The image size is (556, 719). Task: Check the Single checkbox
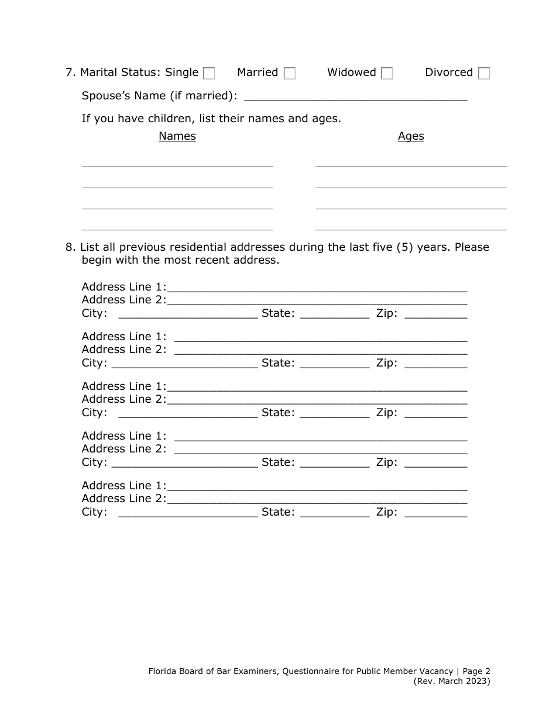[x=209, y=74]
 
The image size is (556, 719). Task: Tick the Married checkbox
[x=289, y=74]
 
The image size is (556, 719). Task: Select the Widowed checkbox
[x=386, y=74]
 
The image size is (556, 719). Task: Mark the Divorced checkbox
[x=483, y=74]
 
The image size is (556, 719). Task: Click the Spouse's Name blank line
[x=355, y=96]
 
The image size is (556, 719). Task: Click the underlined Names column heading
[x=177, y=136]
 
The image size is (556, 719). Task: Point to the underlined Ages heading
[x=410, y=136]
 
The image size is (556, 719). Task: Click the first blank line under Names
[x=177, y=163]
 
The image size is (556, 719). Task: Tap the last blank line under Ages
[x=410, y=226]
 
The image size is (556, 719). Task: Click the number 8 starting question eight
[x=68, y=247]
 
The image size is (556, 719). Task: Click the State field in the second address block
[x=334, y=363]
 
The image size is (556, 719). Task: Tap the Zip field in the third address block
[x=435, y=413]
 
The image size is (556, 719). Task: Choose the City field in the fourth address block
[x=184, y=462]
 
